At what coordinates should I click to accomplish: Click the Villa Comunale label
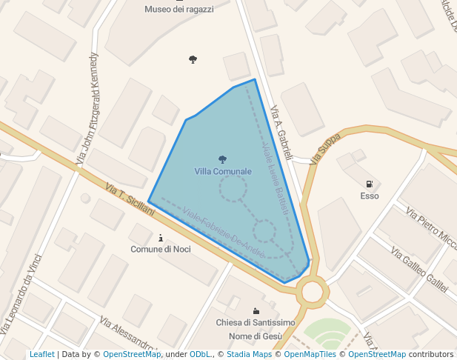(x=223, y=171)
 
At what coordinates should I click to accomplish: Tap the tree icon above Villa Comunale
(x=222, y=159)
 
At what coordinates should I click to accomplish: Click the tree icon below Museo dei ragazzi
(x=193, y=59)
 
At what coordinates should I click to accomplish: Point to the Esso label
(x=370, y=196)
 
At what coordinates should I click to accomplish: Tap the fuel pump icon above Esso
(x=369, y=184)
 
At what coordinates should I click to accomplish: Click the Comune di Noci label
(x=161, y=249)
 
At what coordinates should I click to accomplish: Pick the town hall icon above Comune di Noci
(x=161, y=238)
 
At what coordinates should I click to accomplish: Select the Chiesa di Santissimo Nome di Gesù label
(x=256, y=329)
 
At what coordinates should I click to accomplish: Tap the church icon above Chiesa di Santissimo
(x=256, y=310)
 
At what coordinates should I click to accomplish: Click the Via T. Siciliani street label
(x=130, y=200)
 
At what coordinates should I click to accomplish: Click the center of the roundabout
(x=313, y=291)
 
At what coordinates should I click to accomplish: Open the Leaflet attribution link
(x=41, y=355)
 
